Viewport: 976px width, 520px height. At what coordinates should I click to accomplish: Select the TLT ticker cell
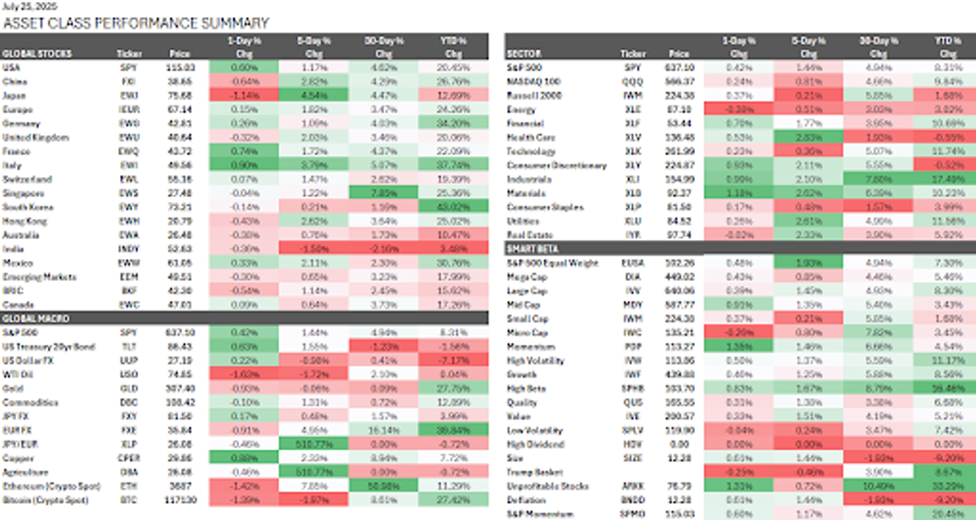pos(128,347)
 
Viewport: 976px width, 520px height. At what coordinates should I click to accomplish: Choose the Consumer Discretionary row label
pos(552,165)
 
